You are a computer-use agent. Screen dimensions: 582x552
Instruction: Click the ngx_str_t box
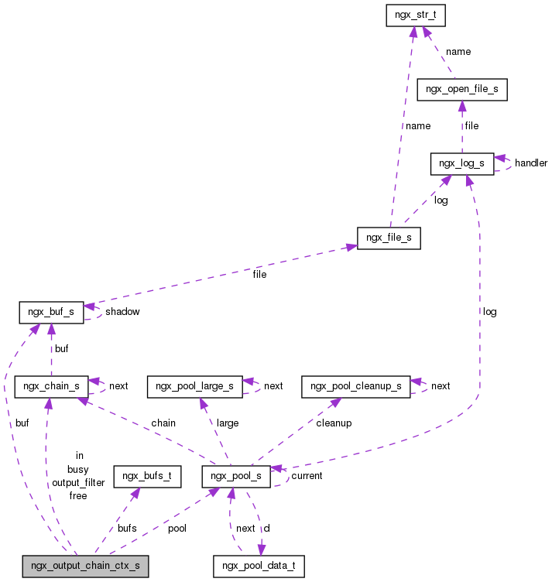[417, 15]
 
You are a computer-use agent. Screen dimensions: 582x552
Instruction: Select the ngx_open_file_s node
[462, 89]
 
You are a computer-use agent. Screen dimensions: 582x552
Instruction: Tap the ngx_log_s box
[462, 163]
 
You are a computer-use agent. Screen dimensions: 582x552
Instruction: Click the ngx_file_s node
[389, 238]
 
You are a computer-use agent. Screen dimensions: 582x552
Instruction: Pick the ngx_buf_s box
[50, 312]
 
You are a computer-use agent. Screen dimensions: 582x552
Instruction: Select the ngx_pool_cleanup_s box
[356, 385]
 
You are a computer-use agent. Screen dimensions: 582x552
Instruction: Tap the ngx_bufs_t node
[147, 476]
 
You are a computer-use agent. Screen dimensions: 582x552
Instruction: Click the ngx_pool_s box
[236, 476]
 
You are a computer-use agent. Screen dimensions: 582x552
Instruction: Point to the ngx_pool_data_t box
[259, 566]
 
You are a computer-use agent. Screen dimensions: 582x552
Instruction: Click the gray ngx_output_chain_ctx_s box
[85, 566]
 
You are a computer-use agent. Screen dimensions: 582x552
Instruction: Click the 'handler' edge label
[531, 163]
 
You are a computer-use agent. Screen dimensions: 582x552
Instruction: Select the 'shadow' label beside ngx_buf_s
[122, 312]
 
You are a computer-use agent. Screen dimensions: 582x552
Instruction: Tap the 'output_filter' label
[78, 483]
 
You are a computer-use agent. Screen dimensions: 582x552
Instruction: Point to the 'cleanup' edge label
[334, 423]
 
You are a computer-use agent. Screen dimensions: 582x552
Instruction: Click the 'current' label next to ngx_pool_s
[307, 476]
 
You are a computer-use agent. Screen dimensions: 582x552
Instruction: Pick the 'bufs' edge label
[127, 528]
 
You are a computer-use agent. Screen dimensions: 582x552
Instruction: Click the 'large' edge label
[228, 423]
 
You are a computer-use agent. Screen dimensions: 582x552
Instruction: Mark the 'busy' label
[78, 470]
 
